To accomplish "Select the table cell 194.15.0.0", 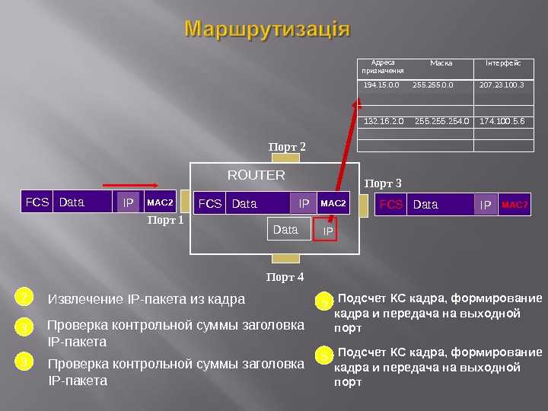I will (381, 85).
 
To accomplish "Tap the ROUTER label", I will (256, 175).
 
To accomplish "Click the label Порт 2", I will (287, 145).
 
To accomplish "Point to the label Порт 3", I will (382, 183).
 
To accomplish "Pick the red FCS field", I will (390, 204).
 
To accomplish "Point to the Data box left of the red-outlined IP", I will (285, 229).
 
